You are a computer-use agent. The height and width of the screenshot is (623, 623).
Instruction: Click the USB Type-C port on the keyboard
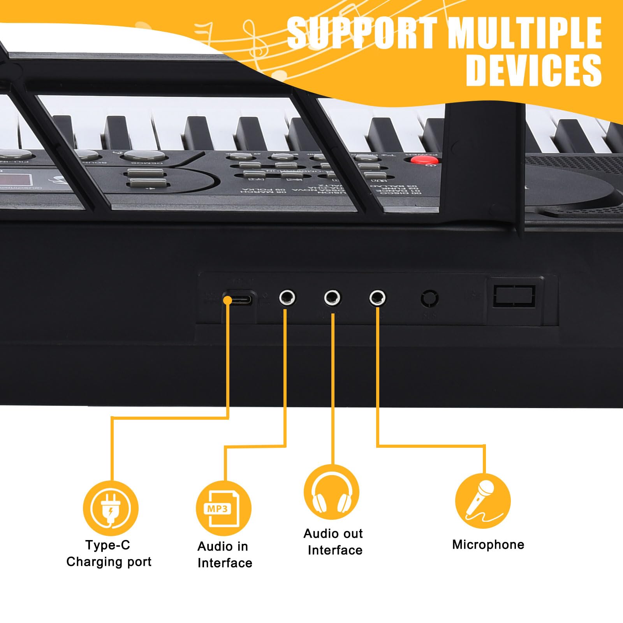[x=238, y=300]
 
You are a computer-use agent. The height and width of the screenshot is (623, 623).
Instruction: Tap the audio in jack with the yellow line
[x=287, y=298]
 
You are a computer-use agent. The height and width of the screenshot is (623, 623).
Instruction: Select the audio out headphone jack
[x=332, y=298]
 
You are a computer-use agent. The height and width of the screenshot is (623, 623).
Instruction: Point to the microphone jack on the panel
[x=377, y=298]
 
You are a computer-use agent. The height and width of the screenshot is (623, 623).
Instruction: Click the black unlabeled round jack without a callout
[x=429, y=299]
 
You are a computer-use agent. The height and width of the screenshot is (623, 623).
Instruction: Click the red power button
[x=424, y=160]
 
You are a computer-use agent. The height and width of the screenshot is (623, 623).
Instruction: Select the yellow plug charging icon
[x=111, y=509]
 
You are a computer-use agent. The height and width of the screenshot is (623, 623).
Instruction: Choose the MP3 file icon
[x=224, y=509]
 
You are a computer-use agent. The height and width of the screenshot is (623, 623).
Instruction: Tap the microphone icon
[x=483, y=501]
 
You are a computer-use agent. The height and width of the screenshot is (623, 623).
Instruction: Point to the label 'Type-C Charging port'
[x=109, y=554]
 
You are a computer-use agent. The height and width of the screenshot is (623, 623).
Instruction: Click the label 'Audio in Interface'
[x=224, y=555]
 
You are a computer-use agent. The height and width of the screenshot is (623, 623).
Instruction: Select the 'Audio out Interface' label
[x=333, y=542]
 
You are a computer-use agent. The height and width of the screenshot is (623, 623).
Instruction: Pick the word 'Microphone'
[x=488, y=545]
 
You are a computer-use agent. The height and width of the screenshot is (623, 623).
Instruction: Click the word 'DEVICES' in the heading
[x=534, y=70]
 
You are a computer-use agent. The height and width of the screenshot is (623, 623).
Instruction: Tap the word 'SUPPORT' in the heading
[x=362, y=33]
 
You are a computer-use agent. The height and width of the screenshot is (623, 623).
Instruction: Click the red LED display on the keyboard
[x=16, y=180]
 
